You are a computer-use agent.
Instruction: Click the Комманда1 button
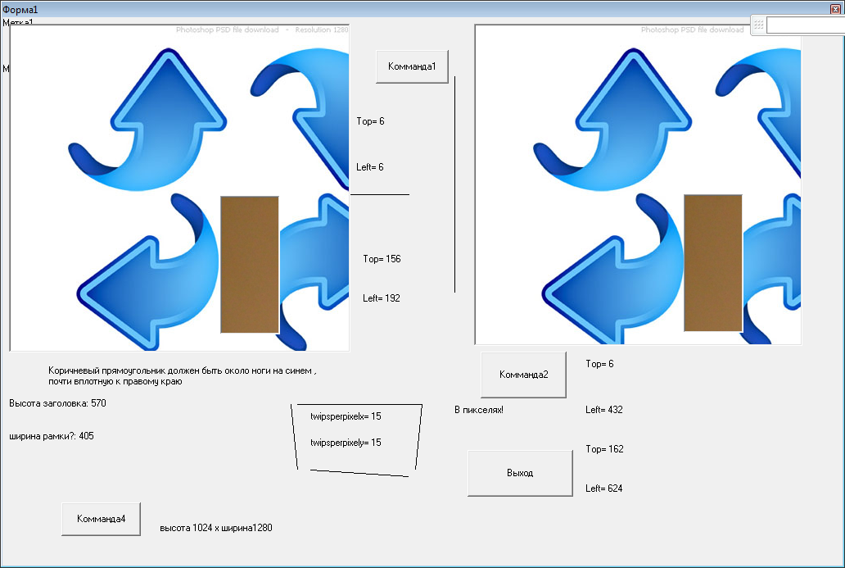412,66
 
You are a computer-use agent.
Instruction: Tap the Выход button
520,473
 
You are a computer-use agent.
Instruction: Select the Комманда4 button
101,519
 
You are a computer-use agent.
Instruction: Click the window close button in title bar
835,8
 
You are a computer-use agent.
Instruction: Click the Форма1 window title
20,9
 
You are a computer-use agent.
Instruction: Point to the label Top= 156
382,259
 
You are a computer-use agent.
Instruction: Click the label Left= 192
382,298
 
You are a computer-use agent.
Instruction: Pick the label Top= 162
604,449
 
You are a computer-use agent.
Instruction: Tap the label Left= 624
604,488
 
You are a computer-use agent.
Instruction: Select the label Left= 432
604,410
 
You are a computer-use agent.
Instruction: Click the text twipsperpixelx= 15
346,416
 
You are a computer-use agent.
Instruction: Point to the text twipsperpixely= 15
346,443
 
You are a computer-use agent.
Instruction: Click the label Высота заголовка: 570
57,403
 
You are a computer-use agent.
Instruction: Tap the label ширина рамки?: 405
52,436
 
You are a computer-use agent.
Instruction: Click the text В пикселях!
479,410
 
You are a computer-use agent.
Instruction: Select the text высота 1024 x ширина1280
216,528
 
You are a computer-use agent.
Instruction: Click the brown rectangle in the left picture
250,264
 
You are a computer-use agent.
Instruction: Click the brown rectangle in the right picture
712,262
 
